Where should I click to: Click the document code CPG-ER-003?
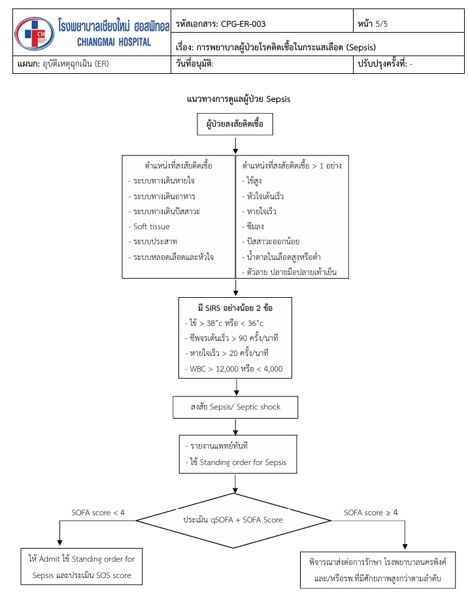(240, 24)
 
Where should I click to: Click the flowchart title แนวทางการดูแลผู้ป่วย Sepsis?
(238, 99)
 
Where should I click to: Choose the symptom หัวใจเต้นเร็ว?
(265, 196)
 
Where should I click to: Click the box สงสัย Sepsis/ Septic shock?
(235, 407)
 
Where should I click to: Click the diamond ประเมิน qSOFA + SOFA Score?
(234, 521)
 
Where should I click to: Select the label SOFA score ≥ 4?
(371, 512)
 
